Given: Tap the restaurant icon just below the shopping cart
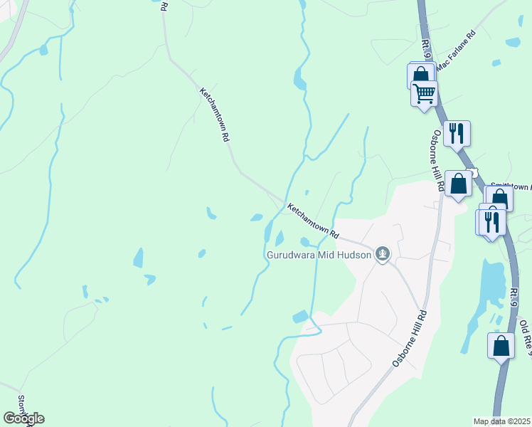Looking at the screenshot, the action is [x=457, y=132].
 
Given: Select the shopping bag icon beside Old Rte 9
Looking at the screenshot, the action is [x=501, y=345].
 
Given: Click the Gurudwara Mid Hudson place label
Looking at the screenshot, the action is [x=319, y=254].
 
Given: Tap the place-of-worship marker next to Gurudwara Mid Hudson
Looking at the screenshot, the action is [x=383, y=253].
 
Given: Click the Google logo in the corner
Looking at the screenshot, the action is [x=23, y=418].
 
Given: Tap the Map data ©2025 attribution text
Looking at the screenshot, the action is [x=501, y=421].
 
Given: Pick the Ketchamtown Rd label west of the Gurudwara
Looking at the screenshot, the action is [x=314, y=221].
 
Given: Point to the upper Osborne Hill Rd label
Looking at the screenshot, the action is [x=437, y=160].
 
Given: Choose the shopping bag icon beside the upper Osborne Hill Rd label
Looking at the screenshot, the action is [x=459, y=183].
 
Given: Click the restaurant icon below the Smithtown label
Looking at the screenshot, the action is [x=491, y=222].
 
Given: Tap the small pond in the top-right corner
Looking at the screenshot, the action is [x=513, y=42].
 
